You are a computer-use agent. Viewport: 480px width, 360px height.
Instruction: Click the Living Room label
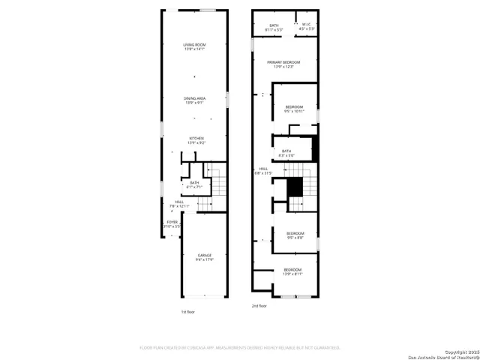(195, 47)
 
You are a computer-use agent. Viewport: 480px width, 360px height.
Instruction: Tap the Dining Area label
(195, 100)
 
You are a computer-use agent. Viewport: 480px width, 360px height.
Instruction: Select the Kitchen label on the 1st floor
(196, 140)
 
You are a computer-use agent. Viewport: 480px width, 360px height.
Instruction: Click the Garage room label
(205, 257)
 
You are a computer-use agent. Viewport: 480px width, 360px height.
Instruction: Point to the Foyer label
(172, 224)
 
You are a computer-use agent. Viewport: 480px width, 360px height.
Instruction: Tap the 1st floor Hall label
(179, 203)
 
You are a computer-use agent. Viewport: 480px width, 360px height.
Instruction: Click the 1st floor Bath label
(194, 184)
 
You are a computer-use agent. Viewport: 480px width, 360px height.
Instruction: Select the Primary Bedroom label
(283, 64)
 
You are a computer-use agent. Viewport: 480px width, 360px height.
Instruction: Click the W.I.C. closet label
(306, 27)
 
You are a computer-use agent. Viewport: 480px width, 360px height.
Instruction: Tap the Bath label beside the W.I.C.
(274, 27)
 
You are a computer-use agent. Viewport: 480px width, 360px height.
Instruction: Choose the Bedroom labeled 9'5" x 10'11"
(294, 109)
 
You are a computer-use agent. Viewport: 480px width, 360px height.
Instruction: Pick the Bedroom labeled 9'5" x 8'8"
(295, 235)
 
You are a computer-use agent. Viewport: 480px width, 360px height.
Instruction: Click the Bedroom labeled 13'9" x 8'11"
(292, 271)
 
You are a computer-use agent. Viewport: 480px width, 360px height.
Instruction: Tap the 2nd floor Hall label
(263, 170)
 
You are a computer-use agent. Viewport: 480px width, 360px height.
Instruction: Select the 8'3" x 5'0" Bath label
(286, 153)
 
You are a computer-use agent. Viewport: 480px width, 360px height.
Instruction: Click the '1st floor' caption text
(188, 311)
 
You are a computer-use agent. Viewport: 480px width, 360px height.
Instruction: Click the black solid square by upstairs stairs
(295, 186)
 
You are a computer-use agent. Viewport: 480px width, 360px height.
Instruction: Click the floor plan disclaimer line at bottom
(240, 348)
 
